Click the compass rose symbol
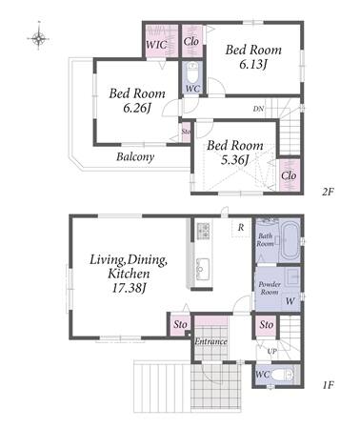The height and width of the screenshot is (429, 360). click(38, 38)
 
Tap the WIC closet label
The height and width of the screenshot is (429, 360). click(156, 44)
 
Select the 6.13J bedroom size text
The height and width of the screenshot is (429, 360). click(252, 65)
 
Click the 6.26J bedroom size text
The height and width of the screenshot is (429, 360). click(136, 109)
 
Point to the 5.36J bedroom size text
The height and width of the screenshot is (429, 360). click(234, 160)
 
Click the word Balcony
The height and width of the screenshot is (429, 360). click(135, 156)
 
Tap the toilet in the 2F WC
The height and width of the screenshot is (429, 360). click(192, 73)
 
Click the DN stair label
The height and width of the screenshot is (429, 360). click(258, 109)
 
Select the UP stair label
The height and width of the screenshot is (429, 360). click(272, 352)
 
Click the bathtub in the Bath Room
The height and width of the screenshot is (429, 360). click(290, 241)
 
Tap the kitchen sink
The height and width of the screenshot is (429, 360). click(203, 269)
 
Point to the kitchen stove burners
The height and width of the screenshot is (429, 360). click(203, 231)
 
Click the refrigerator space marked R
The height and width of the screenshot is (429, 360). click(241, 228)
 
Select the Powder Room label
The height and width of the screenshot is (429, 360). click(270, 288)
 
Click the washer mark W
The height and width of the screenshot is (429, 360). click(290, 300)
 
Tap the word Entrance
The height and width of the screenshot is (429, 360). click(210, 341)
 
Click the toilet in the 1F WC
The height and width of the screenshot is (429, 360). click(281, 375)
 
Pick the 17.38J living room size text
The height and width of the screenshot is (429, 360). click(128, 288)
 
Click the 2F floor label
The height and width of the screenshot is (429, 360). click(327, 192)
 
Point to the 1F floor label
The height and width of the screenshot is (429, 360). click(328, 385)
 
